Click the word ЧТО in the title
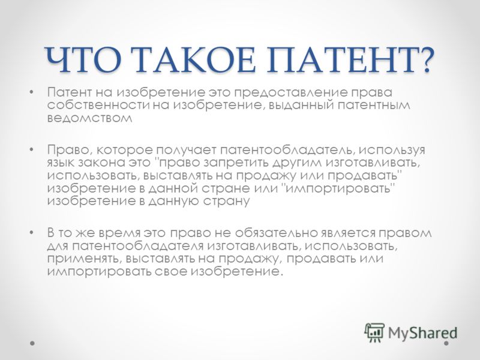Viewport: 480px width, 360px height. pyautogui.click(x=83, y=59)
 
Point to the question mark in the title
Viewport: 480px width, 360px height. pyautogui.click(x=424, y=59)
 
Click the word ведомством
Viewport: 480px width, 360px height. pyautogui.click(x=89, y=118)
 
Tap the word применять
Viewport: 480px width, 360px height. pyautogui.click(x=80, y=259)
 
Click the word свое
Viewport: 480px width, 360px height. pyautogui.click(x=171, y=272)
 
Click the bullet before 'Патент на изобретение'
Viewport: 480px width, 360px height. pyautogui.click(x=31, y=92)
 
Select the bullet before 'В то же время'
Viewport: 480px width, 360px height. pyautogui.click(x=31, y=233)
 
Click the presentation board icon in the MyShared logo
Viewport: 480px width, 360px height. pyautogui.click(x=374, y=332)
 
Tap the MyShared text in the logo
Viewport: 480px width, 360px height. pyautogui.click(x=423, y=333)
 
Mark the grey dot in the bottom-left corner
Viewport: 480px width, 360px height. pyautogui.click(x=32, y=343)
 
